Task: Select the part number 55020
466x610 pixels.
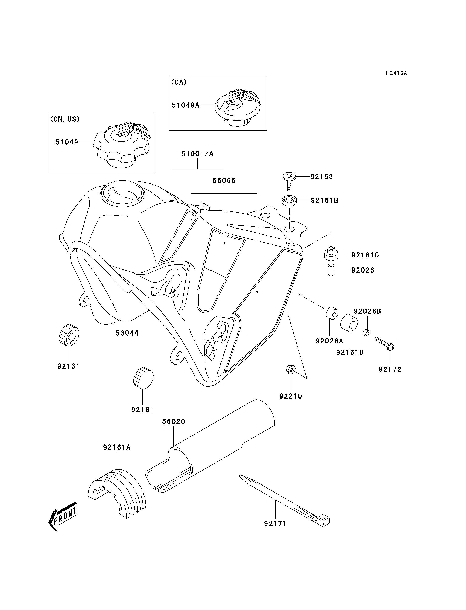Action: tap(174, 421)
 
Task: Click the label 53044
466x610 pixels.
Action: tap(127, 333)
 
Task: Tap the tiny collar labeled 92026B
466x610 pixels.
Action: tap(366, 332)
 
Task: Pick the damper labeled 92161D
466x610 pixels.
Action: tap(349, 323)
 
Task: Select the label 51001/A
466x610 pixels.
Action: tap(197, 154)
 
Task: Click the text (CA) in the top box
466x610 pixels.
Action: tap(179, 82)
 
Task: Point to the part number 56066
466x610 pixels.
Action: tap(224, 180)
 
